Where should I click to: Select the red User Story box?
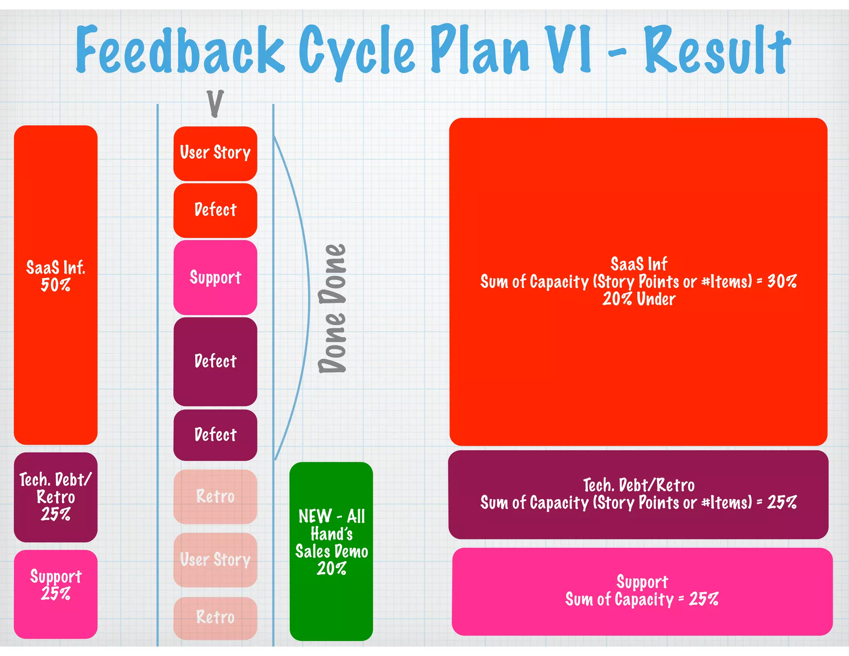coord(215,153)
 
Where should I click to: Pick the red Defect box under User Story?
coord(215,210)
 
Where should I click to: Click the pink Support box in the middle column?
coord(215,277)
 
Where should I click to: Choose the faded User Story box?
coord(215,560)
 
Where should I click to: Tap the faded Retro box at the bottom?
coord(215,617)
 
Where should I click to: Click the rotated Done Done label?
coord(332,309)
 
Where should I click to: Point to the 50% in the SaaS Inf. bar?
coord(56,285)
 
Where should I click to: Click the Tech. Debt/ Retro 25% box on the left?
coord(56,497)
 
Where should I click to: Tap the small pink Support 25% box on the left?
coord(56,594)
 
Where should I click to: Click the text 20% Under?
coord(639,299)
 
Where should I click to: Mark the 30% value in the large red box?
coord(781,282)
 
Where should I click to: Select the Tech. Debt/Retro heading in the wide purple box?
coord(639,485)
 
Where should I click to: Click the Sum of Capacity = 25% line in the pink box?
coord(642,600)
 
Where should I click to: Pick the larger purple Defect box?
coord(215,362)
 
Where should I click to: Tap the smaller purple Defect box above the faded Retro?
coord(215,435)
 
